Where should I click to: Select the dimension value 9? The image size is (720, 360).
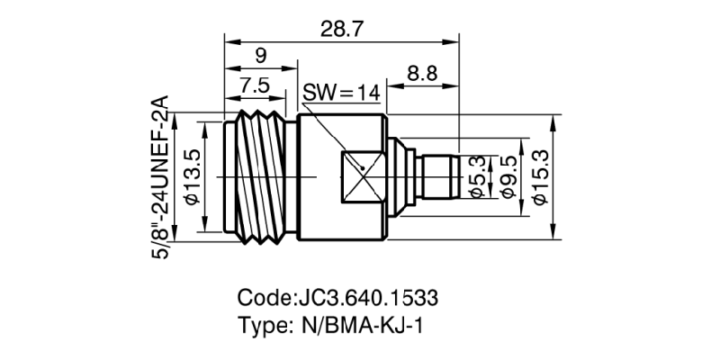[260, 56]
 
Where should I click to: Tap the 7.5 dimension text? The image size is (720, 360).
[253, 85]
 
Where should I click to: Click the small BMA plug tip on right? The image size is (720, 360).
[441, 176]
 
